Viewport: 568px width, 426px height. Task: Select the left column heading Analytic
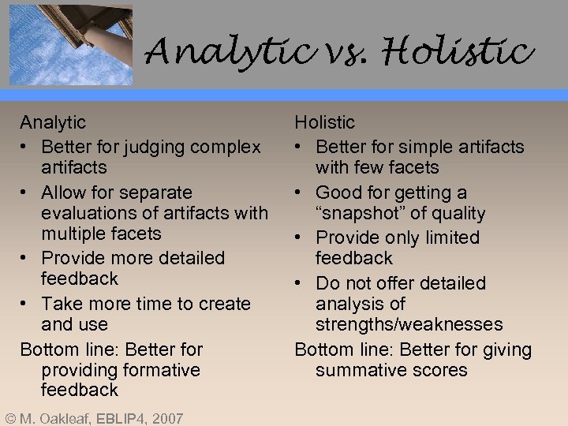coord(53,122)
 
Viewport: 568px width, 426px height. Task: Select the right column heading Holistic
coord(324,122)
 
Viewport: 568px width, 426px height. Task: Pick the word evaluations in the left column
coord(89,213)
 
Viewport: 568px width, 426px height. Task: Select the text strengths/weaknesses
coord(409,324)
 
